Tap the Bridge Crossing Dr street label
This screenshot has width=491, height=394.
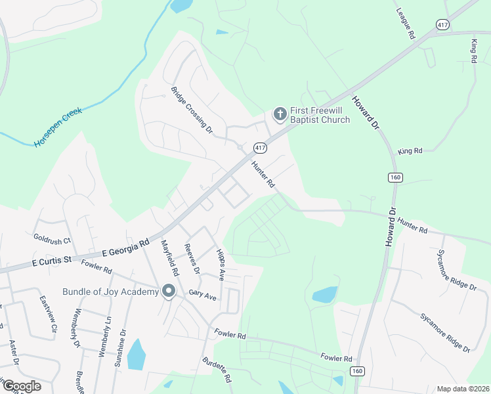click(x=192, y=110)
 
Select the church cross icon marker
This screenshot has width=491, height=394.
click(x=280, y=115)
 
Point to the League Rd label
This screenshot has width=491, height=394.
click(x=406, y=24)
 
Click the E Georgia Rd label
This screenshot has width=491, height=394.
click(x=130, y=249)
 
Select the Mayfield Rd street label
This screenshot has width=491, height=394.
click(x=170, y=257)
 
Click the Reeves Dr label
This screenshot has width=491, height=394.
click(x=192, y=258)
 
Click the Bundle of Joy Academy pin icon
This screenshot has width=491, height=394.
click(x=169, y=291)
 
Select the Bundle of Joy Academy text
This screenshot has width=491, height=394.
click(x=111, y=292)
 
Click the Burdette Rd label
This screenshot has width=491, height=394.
click(x=217, y=370)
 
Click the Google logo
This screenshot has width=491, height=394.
click(x=21, y=386)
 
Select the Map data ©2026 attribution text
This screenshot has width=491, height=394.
click(x=462, y=389)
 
